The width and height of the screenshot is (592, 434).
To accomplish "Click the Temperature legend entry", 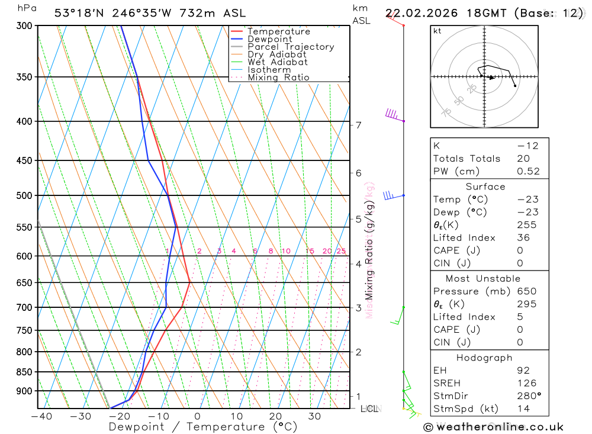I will pyautogui.click(x=278, y=31).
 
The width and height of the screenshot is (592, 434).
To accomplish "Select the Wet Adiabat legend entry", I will pyautogui.click(x=277, y=62).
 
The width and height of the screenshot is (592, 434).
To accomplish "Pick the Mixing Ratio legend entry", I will pyautogui.click(x=278, y=78).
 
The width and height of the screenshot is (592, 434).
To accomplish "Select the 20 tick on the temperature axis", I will pyautogui.click(x=275, y=416).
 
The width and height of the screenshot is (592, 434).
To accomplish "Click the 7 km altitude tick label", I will pyautogui.click(x=358, y=125).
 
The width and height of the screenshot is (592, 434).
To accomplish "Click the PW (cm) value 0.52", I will pyautogui.click(x=528, y=172).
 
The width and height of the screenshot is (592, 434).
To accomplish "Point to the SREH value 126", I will pyautogui.click(x=525, y=383).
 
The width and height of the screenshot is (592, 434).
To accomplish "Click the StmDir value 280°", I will pyautogui.click(x=528, y=396).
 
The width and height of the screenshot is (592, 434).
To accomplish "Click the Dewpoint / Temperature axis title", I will pyautogui.click(x=202, y=427).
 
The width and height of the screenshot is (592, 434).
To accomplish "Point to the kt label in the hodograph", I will pyautogui.click(x=437, y=31).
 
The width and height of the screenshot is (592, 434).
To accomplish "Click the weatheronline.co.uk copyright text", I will pyautogui.click(x=493, y=427).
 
